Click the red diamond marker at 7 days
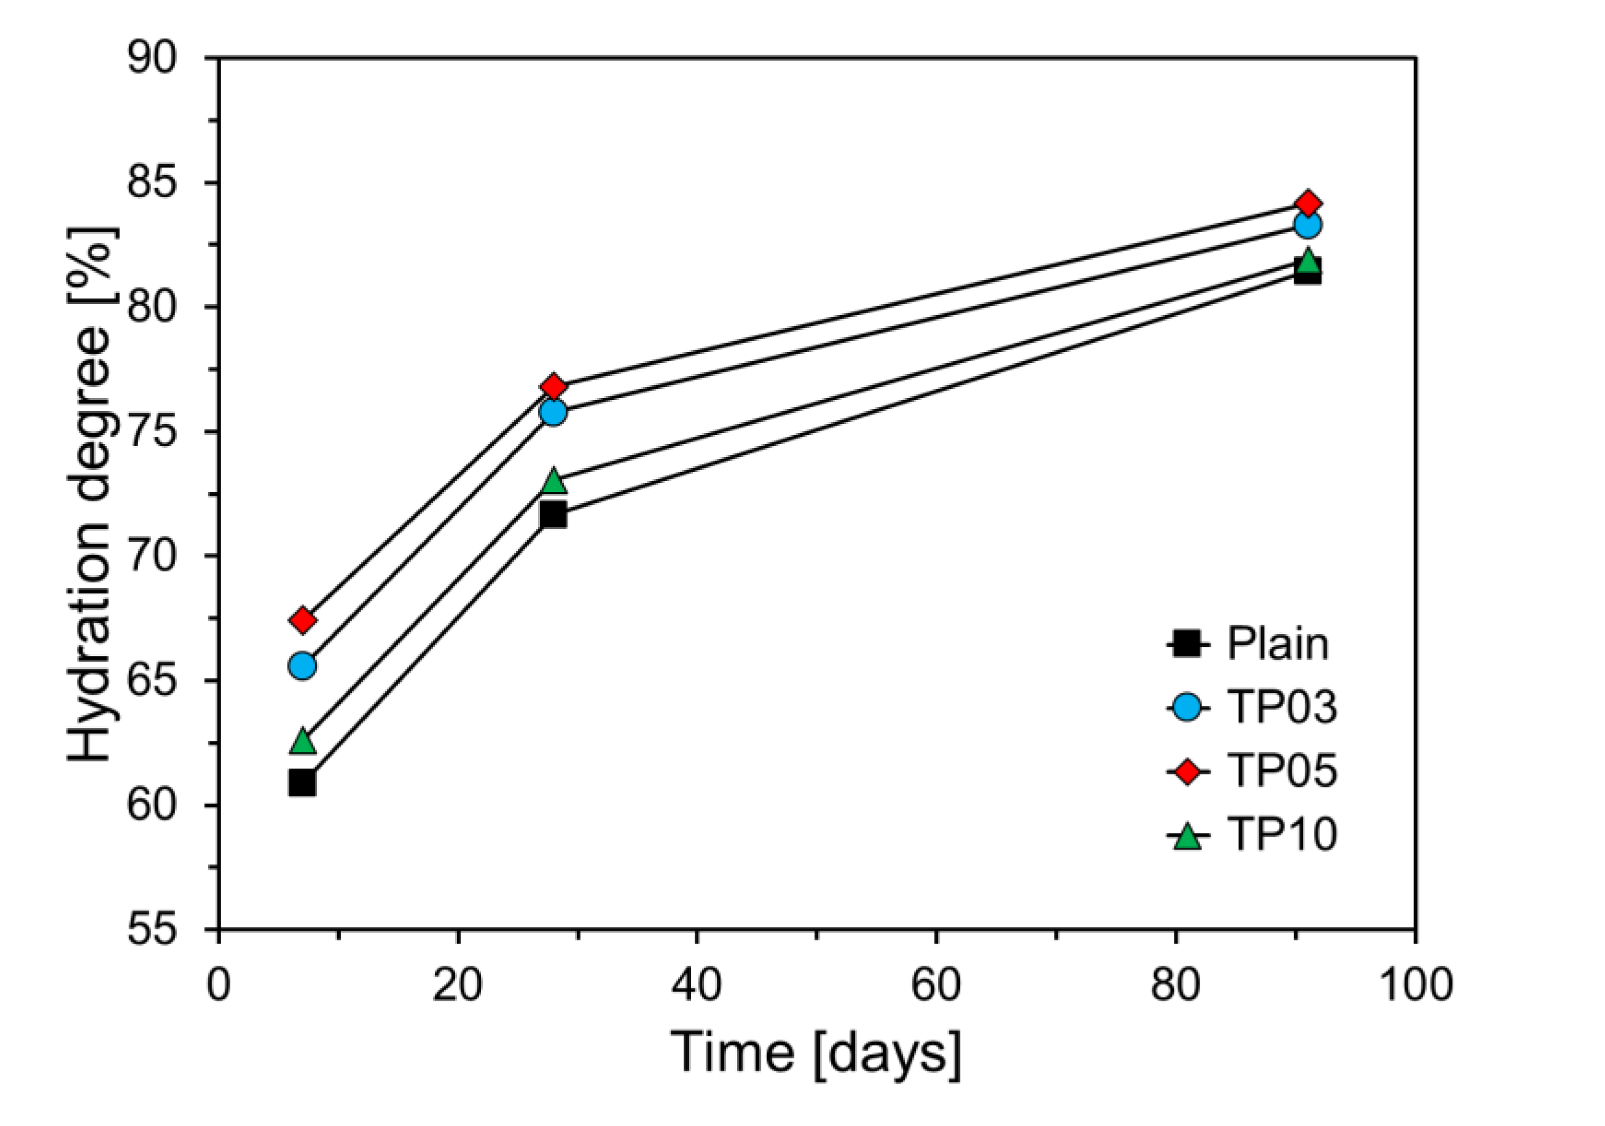pyautogui.click(x=302, y=620)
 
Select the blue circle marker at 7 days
pyautogui.click(x=302, y=665)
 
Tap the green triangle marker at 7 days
pyautogui.click(x=302, y=741)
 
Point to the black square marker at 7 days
pyautogui.click(x=302, y=783)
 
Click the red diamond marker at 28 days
pyautogui.click(x=553, y=386)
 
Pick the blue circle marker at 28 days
pyautogui.click(x=553, y=412)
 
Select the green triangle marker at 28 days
pyautogui.click(x=553, y=481)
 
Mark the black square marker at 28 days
pyautogui.click(x=553, y=515)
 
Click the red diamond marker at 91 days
pyautogui.click(x=1307, y=203)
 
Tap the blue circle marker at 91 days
pyautogui.click(x=1307, y=225)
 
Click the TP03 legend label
pyautogui.click(x=1282, y=706)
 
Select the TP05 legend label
pyautogui.click(x=1282, y=770)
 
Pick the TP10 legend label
pyautogui.click(x=1282, y=834)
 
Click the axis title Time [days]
pyautogui.click(x=816, y=1054)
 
